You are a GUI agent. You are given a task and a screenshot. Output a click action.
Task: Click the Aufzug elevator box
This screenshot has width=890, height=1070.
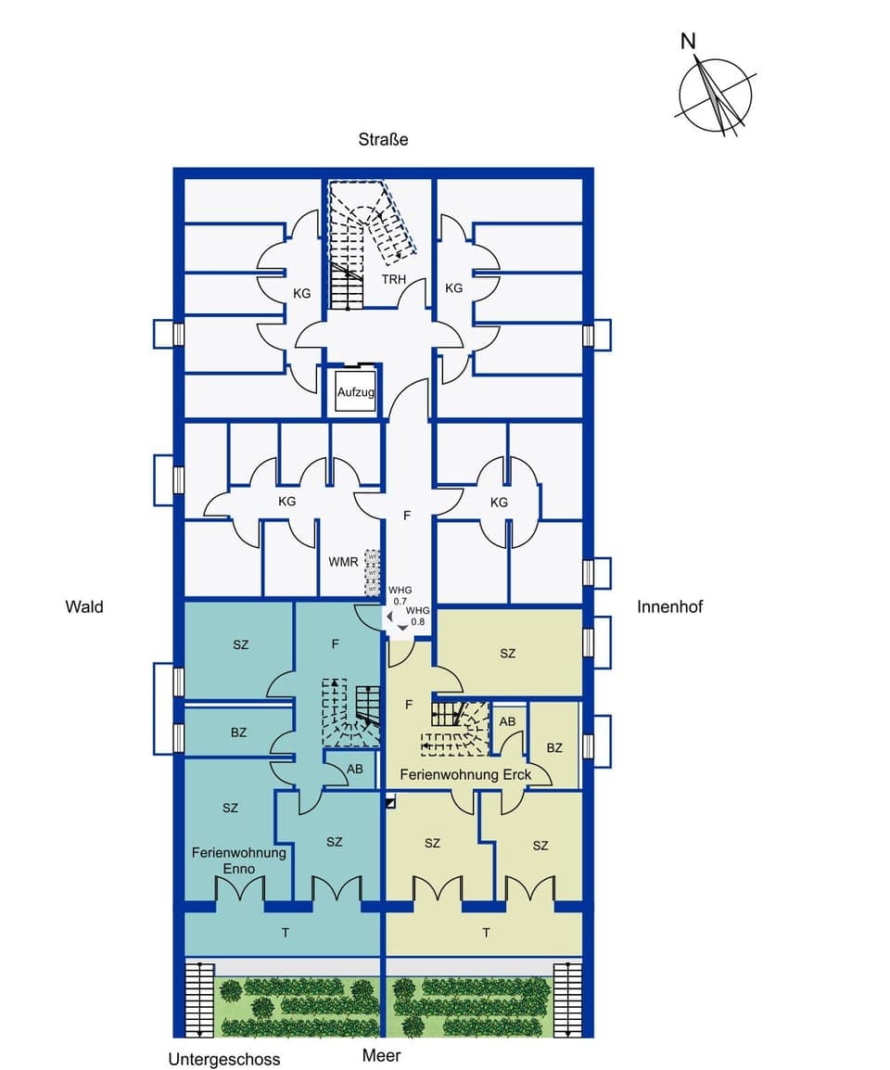(x=356, y=393)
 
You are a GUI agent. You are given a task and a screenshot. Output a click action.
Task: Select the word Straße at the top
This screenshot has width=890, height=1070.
(x=383, y=140)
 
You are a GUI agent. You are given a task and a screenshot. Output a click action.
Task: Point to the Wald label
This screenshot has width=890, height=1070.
(x=84, y=607)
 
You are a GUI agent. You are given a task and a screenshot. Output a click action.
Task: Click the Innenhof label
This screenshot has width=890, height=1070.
(x=670, y=607)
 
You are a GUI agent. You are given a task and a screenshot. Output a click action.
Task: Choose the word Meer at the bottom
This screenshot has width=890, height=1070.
(x=382, y=1055)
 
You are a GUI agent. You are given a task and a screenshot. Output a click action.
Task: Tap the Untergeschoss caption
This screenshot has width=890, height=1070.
(x=223, y=1059)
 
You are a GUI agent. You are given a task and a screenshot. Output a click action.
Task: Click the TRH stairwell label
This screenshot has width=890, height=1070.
(x=394, y=278)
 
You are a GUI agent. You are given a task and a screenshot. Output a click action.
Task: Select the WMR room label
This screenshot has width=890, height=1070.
(x=343, y=562)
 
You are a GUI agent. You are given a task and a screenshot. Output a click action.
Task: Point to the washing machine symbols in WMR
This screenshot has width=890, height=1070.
(x=372, y=573)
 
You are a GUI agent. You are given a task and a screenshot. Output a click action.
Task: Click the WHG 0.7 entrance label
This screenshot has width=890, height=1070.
(x=400, y=595)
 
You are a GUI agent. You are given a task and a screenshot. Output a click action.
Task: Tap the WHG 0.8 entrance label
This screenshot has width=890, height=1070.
(x=418, y=616)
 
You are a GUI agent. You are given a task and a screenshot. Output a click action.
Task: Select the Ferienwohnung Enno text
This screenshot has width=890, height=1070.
(x=239, y=860)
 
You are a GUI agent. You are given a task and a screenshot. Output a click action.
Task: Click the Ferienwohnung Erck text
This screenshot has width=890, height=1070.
(x=465, y=773)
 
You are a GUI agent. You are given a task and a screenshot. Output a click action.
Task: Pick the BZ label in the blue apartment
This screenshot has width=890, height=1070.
(x=238, y=732)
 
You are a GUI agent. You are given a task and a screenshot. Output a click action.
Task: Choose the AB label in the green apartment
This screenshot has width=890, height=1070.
(x=507, y=721)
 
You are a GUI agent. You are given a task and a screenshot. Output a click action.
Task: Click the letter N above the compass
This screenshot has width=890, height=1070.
(x=688, y=41)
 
